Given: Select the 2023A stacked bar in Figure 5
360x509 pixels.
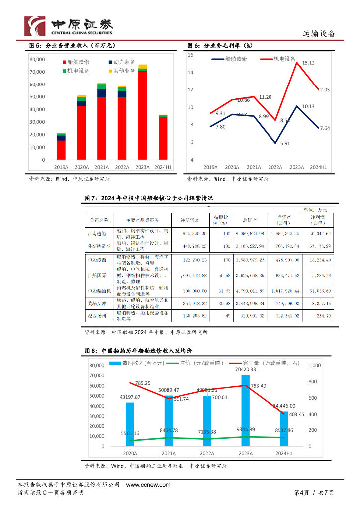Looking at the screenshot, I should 142,114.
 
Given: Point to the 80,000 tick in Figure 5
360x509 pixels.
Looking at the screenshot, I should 38,59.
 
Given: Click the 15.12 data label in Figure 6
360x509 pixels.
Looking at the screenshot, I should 308,63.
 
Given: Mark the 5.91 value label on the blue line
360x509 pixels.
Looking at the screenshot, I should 285,144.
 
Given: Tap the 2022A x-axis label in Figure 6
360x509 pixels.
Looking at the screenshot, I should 274,167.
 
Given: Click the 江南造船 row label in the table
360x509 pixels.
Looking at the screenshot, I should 96,233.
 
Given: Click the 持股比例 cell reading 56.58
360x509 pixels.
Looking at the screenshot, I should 223,275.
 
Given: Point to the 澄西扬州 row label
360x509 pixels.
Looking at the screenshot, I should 96,316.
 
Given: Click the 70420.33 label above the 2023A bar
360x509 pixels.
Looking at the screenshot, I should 245,369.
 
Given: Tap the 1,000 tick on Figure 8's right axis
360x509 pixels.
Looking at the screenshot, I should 315,366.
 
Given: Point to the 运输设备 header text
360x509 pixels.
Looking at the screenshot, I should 319,34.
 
